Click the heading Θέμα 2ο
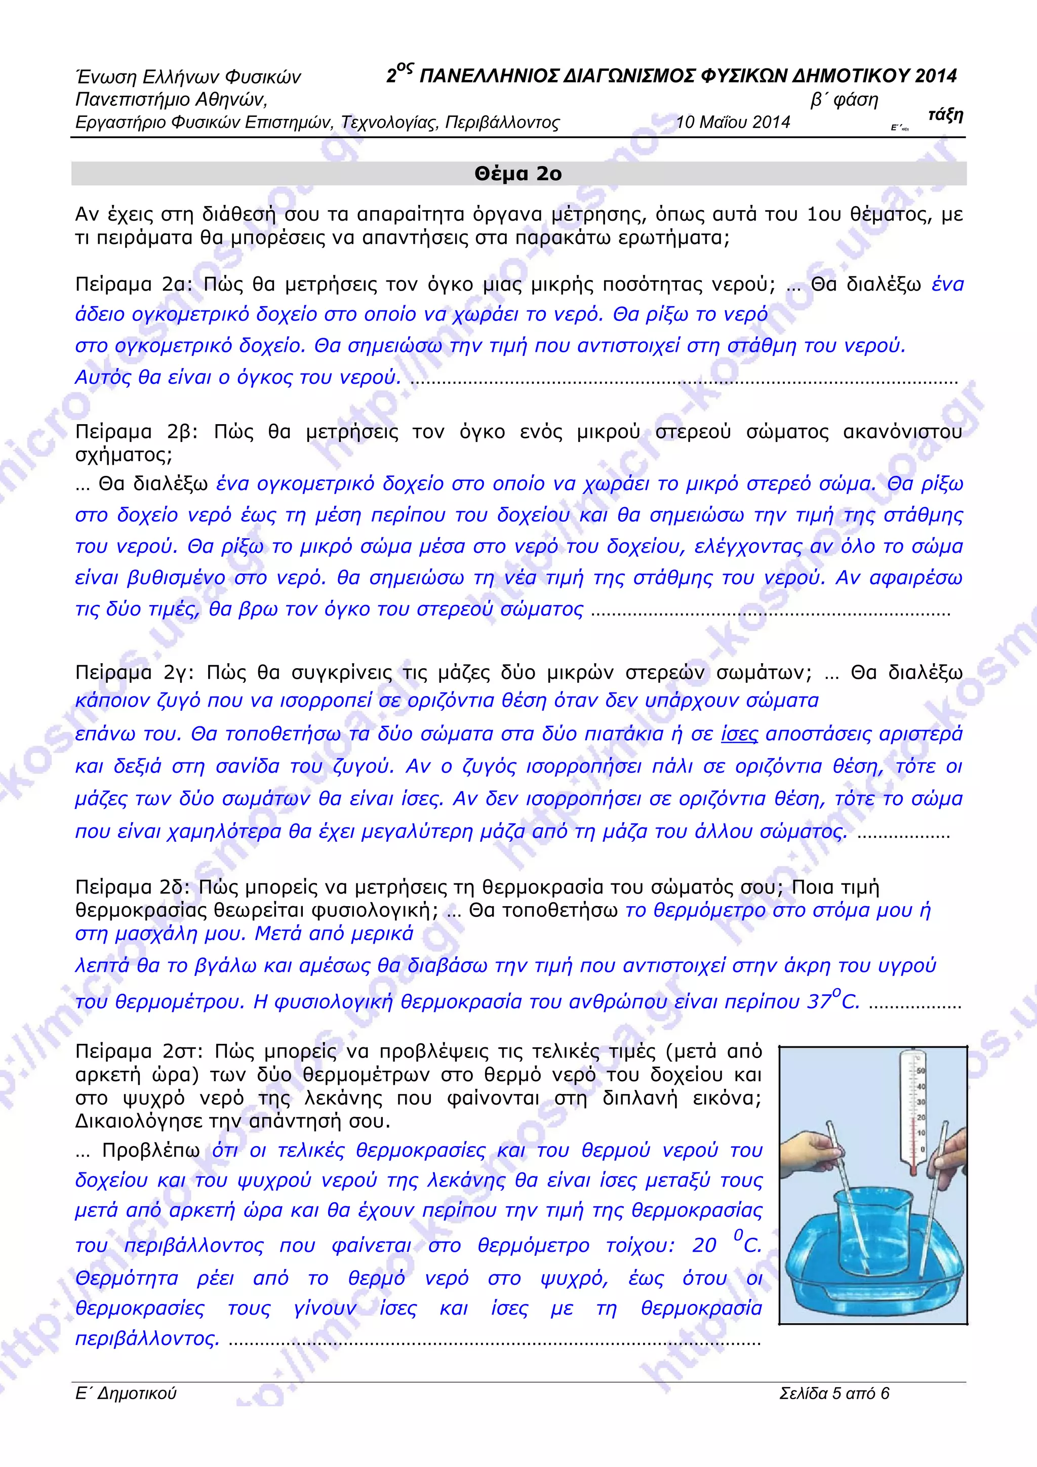click(x=517, y=174)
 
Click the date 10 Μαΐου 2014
click(x=733, y=123)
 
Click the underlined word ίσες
click(x=739, y=734)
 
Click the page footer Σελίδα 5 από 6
click(x=834, y=1394)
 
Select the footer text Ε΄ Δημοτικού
click(x=126, y=1394)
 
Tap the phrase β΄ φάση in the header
click(x=844, y=100)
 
